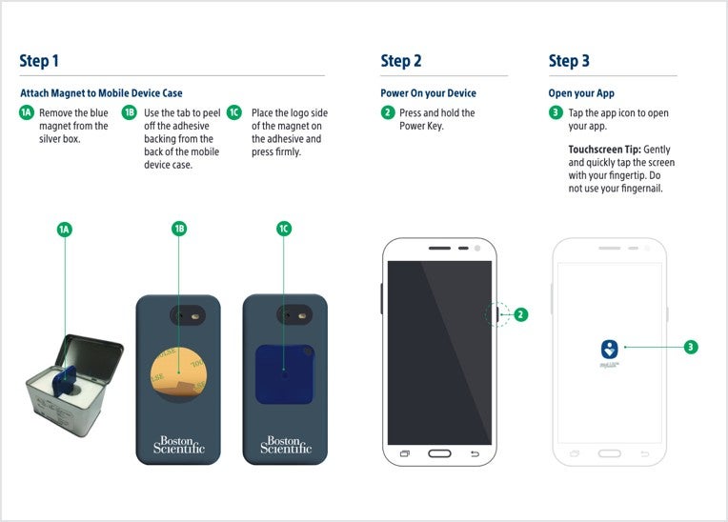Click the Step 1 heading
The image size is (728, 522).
tap(39, 61)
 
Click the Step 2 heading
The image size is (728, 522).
tap(400, 61)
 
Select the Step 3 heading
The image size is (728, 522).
tap(569, 61)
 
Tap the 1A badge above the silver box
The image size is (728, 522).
tap(65, 230)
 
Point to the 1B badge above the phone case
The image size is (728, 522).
tap(178, 229)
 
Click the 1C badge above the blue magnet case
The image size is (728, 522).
tap(284, 229)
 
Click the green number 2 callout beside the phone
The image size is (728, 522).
tap(521, 314)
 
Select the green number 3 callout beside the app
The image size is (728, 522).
tap(691, 347)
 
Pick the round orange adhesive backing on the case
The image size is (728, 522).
tap(178, 371)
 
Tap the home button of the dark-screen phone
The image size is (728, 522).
tap(439, 453)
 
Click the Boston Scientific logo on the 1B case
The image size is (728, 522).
tap(178, 444)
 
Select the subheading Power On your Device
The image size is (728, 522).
tap(428, 93)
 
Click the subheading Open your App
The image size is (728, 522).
tap(581, 93)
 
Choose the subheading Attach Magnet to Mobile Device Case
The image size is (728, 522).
tap(101, 93)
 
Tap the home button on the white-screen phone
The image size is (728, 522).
tap(610, 453)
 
